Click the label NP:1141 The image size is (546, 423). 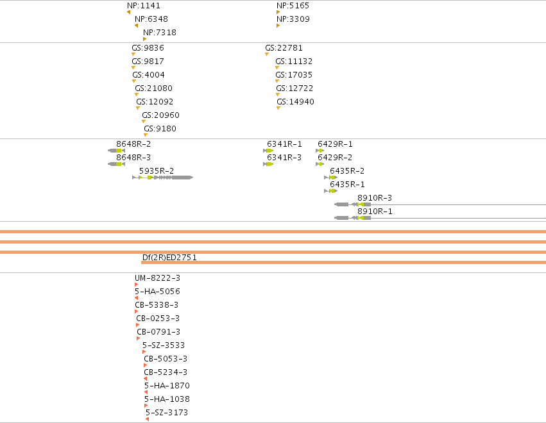point(144,6)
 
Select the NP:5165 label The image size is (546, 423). point(293,6)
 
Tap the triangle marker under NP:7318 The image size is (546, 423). point(144,39)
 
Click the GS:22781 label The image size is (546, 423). point(284,47)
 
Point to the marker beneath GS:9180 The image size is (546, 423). point(146,135)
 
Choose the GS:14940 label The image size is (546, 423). point(295,101)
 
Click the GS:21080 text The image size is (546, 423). point(153,88)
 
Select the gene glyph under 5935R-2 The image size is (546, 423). point(162,178)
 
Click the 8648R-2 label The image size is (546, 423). point(133,144)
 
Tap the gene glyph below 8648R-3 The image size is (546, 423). point(116,164)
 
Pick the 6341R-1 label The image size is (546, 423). point(284,144)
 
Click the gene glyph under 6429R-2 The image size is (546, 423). point(320,164)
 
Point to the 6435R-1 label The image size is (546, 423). point(348,185)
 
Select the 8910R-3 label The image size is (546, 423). point(375,198)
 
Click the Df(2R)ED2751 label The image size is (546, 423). point(169,258)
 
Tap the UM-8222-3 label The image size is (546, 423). point(157,278)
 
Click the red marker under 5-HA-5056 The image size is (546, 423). point(136,298)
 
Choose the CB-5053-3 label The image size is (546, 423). point(166,359)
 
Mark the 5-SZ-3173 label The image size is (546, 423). point(167,413)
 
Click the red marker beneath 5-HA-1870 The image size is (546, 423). point(146,392)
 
